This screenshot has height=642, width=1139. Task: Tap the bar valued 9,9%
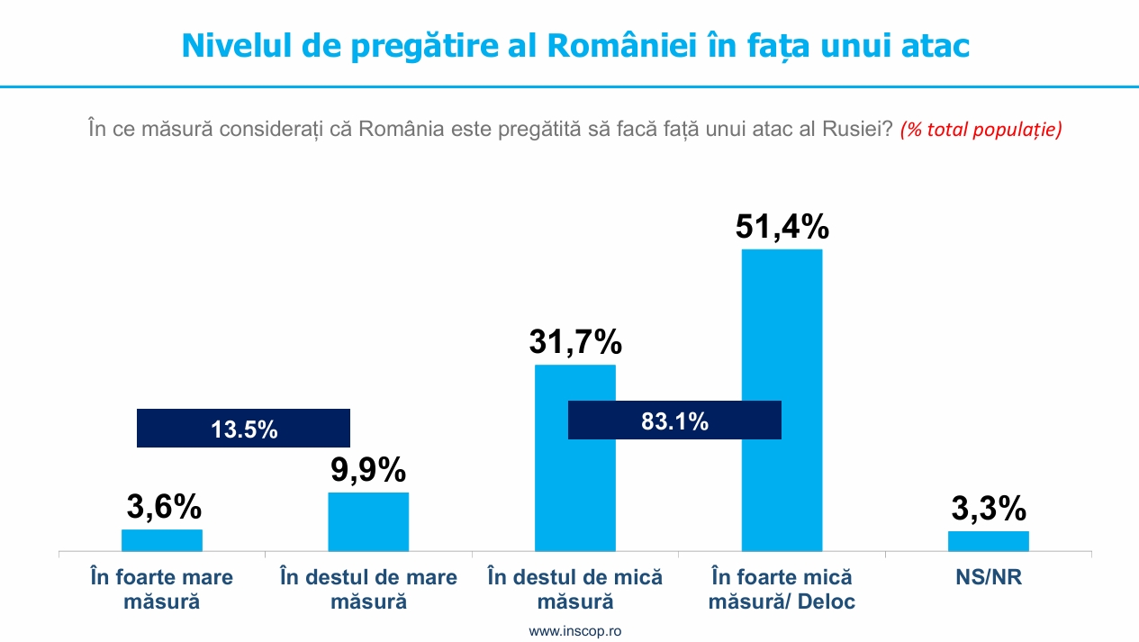368,521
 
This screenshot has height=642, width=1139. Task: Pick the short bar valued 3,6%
162,539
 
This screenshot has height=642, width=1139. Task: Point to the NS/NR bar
988,540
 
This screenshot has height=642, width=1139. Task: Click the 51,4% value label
782,227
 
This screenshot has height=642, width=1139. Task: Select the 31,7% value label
575,343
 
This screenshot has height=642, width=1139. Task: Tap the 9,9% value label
367,470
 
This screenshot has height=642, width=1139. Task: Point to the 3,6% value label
163,507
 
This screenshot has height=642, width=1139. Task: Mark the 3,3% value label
988,509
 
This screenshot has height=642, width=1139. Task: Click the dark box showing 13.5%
243,429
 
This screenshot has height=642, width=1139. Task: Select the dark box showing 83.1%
674,420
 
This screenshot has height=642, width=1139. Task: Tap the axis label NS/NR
988,577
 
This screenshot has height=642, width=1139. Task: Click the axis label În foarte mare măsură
162,589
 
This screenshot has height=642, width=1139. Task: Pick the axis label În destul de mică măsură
575,589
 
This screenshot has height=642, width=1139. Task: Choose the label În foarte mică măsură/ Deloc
782,589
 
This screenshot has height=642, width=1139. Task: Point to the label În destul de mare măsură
368,589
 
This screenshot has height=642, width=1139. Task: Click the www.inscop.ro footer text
575,631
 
